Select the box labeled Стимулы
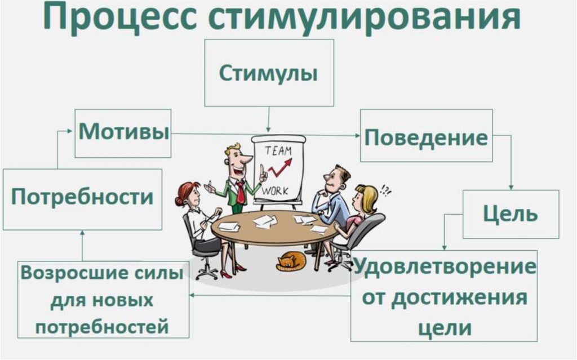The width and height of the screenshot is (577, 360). tap(268, 73)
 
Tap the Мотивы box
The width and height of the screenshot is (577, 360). tap(123, 133)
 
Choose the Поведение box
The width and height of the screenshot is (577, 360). tap(426, 137)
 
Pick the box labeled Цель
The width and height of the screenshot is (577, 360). tap(511, 214)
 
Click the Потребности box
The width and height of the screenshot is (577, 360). tap(82, 198)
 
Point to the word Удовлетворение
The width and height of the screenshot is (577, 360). tap(445, 266)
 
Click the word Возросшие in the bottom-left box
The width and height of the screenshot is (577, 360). tap(61, 274)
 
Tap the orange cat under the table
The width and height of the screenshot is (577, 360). tap(291, 261)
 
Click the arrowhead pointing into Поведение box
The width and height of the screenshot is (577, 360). tap(357, 136)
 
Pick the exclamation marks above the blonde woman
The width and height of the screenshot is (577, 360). tap(386, 190)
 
